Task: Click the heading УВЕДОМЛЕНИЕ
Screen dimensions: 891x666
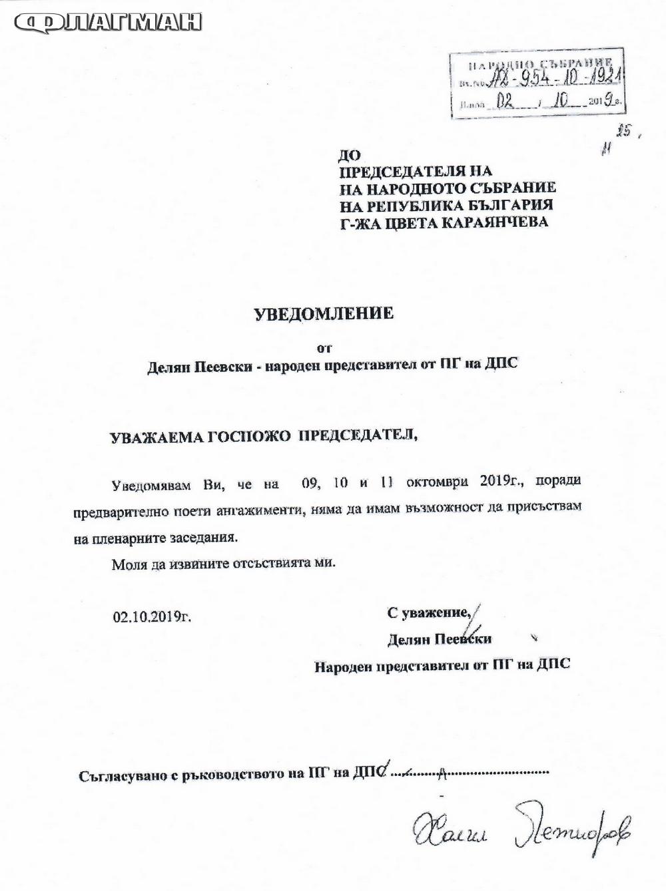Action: pyautogui.click(x=324, y=313)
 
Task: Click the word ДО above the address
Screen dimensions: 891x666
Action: pyautogui.click(x=350, y=156)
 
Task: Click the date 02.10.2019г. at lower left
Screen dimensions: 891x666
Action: pyautogui.click(x=152, y=616)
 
